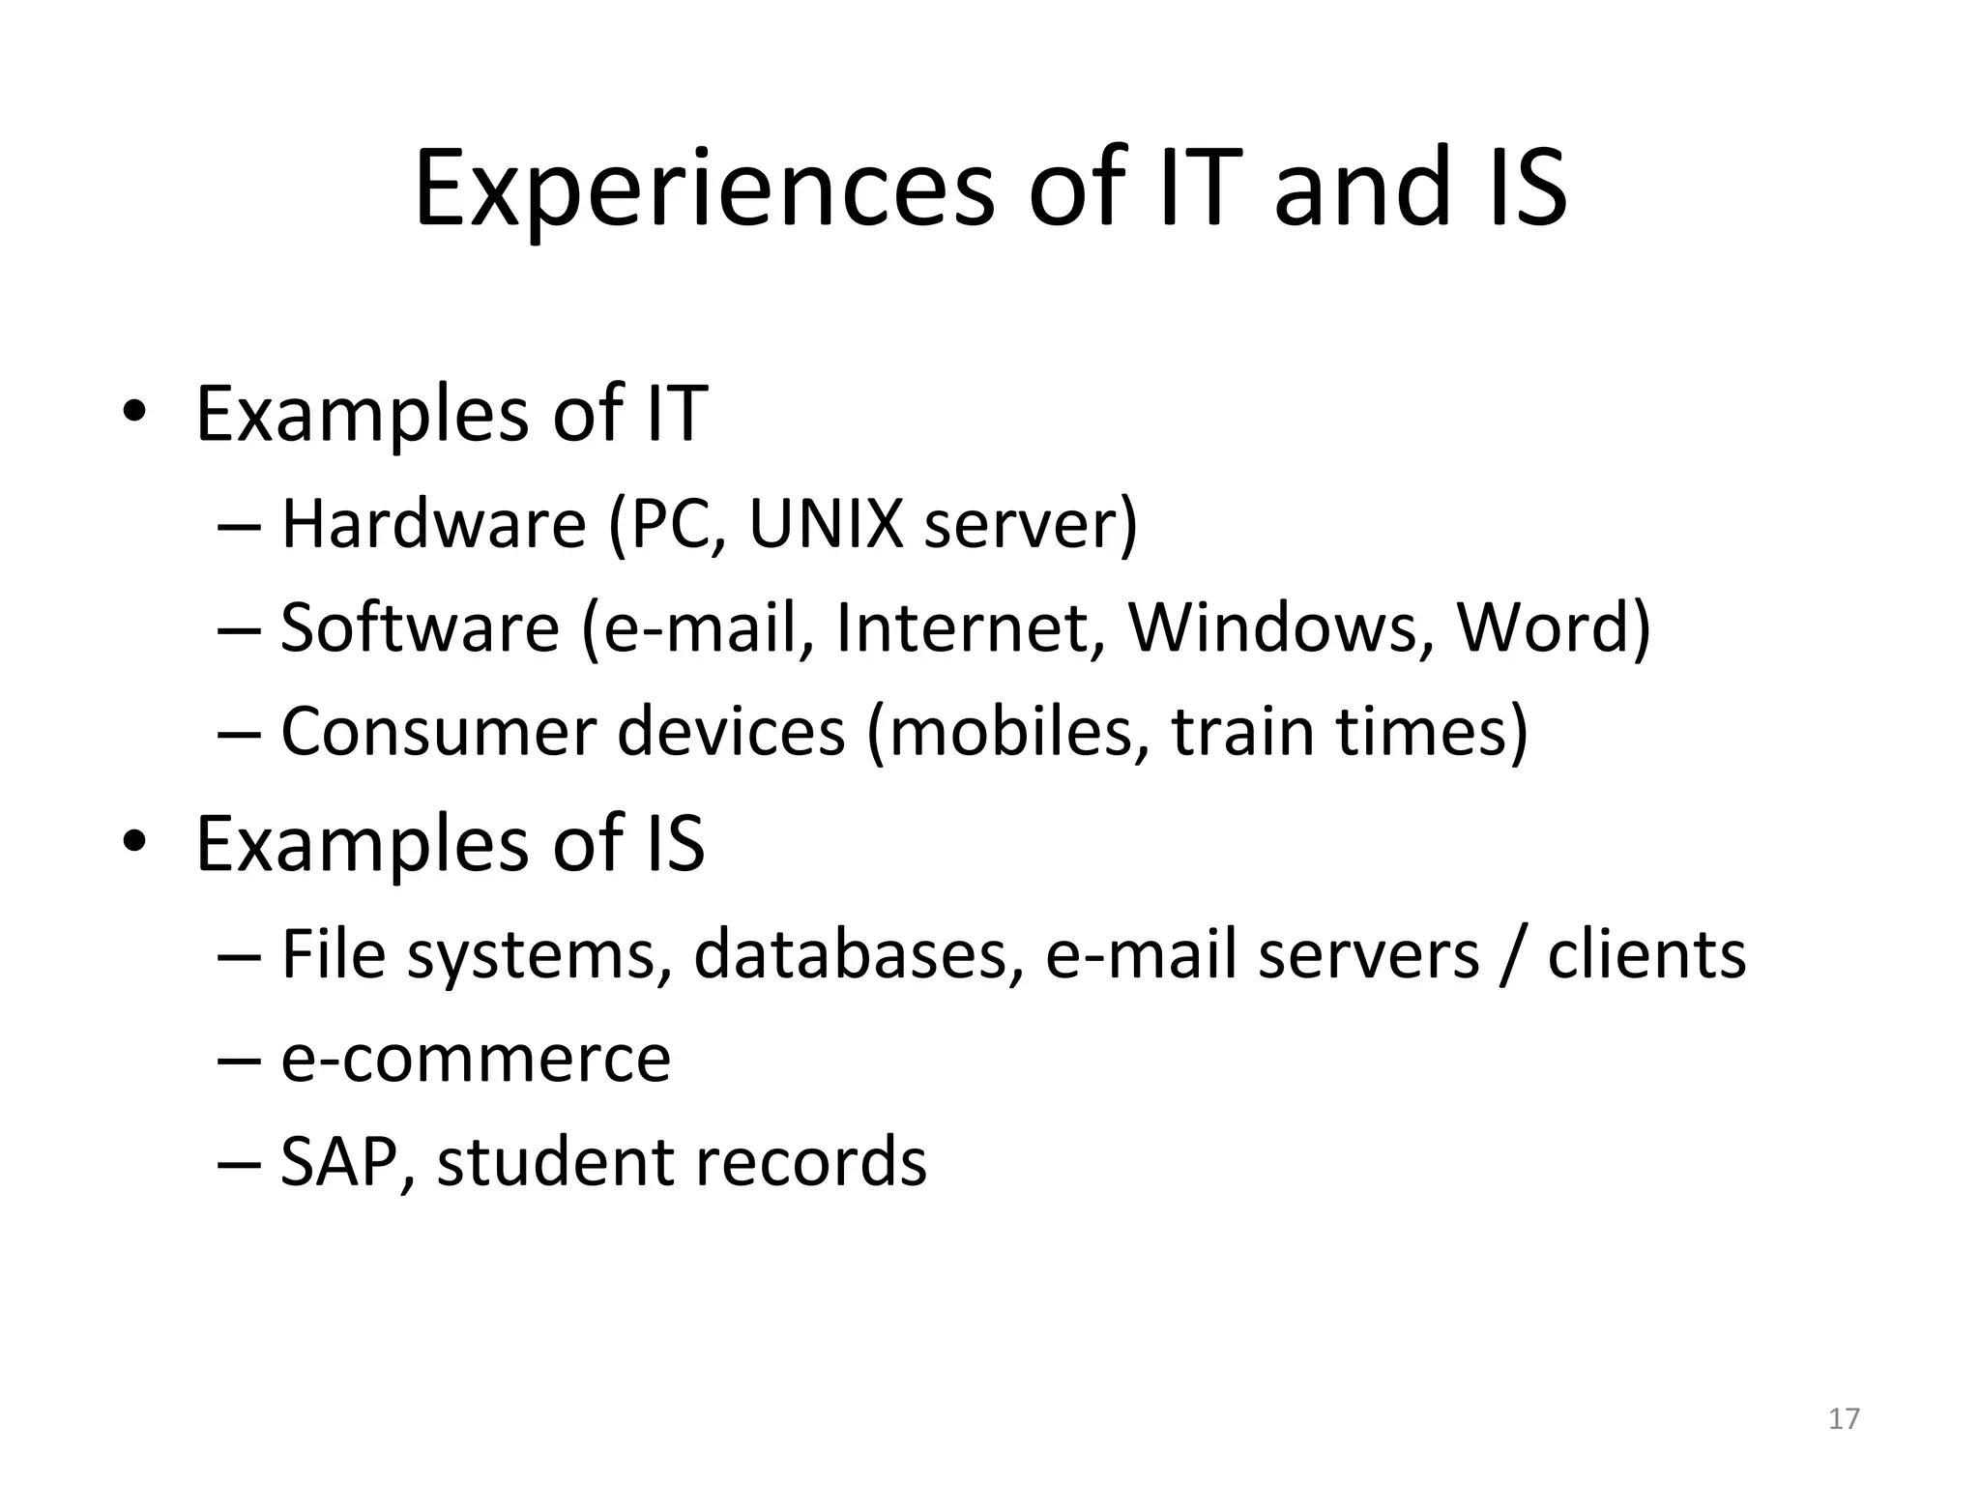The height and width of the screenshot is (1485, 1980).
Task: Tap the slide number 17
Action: tap(1844, 1418)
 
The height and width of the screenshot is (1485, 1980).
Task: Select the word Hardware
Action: tap(433, 524)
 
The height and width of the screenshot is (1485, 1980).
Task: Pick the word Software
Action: tap(420, 627)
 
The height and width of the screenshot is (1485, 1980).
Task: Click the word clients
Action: tap(1646, 955)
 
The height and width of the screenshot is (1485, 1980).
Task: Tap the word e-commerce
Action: tap(476, 1059)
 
